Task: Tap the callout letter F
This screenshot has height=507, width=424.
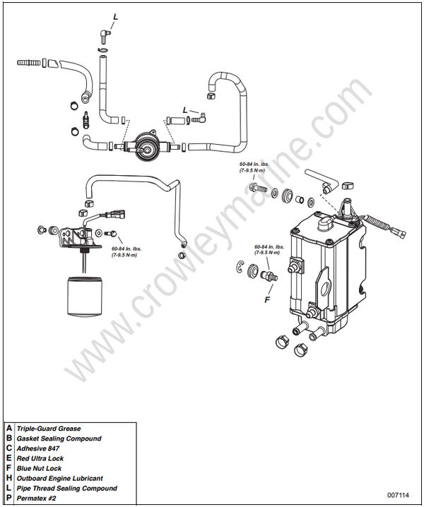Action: tap(267, 299)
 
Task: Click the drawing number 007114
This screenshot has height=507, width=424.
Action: tap(398, 494)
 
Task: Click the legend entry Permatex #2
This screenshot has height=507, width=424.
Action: tap(37, 498)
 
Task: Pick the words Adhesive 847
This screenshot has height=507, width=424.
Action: tap(39, 448)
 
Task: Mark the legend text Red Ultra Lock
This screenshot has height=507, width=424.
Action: tap(40, 458)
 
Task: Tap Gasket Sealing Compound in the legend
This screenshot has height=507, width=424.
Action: tap(59, 439)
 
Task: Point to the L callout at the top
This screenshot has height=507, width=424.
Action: tap(116, 16)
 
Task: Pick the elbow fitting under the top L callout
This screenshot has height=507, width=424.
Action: tap(105, 32)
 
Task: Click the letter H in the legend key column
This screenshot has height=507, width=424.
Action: tap(9, 478)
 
